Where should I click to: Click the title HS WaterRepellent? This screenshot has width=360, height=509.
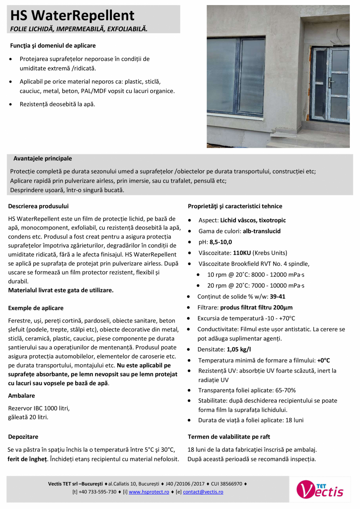[x=72, y=15]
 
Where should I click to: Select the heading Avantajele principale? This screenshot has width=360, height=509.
[x=43, y=159]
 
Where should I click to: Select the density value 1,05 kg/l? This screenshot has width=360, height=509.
[x=240, y=349]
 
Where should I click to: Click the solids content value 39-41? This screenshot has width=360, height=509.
[x=277, y=296]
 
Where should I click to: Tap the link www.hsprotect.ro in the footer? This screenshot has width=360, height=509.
[x=149, y=492]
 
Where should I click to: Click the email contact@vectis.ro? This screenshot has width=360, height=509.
[x=203, y=492]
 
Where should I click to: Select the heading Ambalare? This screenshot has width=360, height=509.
[x=22, y=396]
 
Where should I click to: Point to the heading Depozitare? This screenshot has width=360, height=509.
[x=23, y=437]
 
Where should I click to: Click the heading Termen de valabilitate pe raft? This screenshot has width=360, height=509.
[x=229, y=437]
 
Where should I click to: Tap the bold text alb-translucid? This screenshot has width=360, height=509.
[x=261, y=231]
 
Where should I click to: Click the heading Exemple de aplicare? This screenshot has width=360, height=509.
[x=36, y=308]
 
